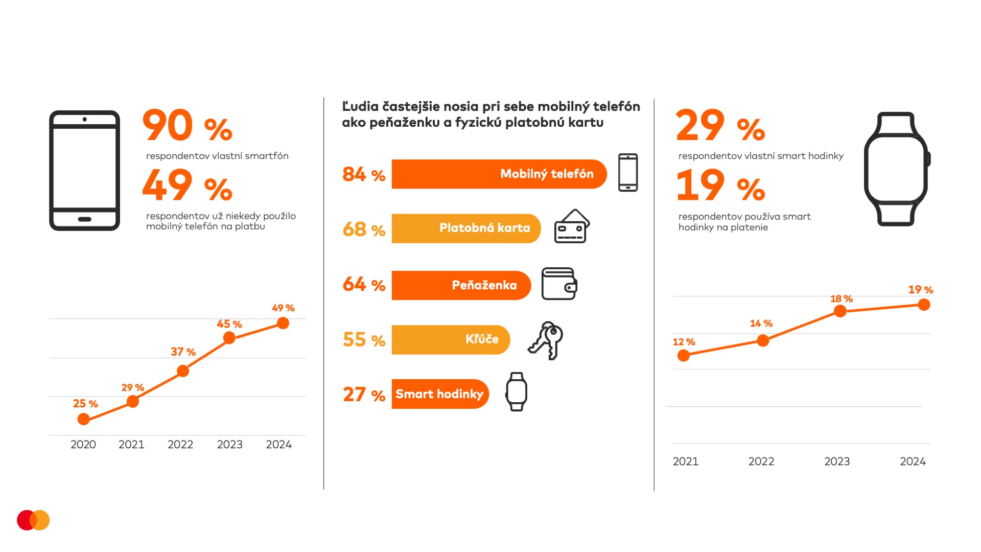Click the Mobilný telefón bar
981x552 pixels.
point(499,174)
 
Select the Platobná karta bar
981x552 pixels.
point(466,228)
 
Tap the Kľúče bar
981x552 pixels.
point(451,340)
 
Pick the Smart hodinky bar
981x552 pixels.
point(440,394)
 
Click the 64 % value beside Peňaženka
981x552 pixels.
point(364,285)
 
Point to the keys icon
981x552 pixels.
point(546,340)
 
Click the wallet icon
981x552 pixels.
point(559,284)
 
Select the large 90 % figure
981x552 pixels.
point(187,126)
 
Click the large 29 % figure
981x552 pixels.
point(720,126)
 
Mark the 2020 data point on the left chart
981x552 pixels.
point(84,419)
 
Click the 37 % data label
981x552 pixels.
point(183,352)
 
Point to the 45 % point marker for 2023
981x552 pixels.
point(229,338)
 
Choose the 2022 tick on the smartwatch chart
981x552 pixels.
point(761,462)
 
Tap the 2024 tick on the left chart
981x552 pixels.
point(278,445)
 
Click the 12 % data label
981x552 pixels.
point(684,342)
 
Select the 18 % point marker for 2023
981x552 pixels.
point(840,311)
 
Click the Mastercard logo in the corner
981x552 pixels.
point(33,520)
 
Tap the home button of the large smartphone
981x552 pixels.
point(85,219)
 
